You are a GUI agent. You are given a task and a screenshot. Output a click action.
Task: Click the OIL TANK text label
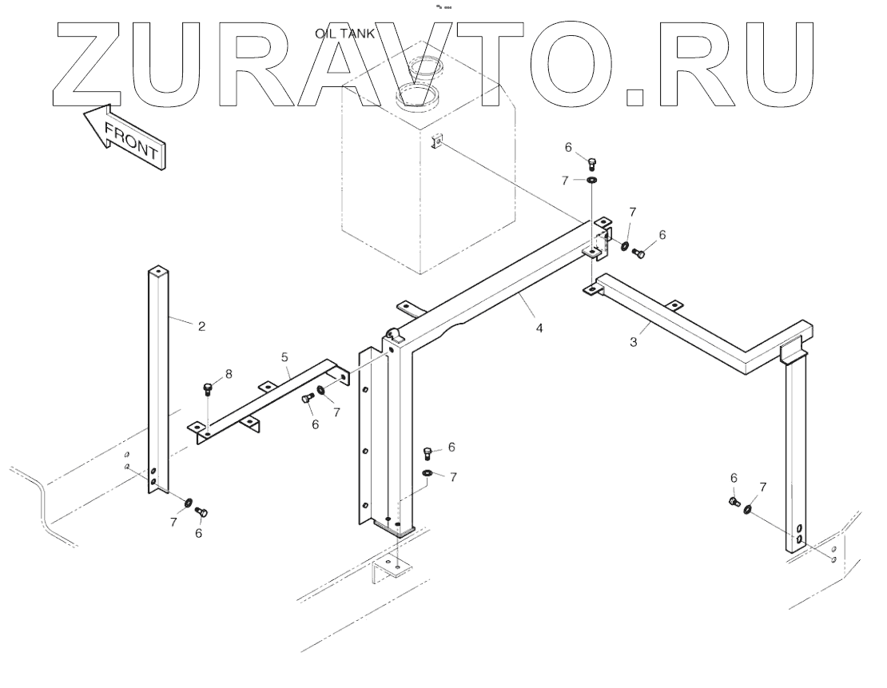345,33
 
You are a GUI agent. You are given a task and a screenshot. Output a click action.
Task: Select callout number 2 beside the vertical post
201,325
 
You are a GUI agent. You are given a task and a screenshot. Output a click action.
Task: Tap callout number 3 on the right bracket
633,342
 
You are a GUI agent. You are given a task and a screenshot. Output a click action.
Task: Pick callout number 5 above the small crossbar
284,357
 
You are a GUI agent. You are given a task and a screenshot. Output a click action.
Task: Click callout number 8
230,373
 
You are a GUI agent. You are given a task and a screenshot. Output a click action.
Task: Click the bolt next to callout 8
208,390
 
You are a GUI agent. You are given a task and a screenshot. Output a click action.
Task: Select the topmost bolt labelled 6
591,165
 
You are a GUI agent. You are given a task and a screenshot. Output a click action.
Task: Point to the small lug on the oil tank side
438,142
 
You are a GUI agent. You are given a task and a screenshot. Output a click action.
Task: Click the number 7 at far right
763,487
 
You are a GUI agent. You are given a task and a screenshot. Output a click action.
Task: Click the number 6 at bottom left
198,532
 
